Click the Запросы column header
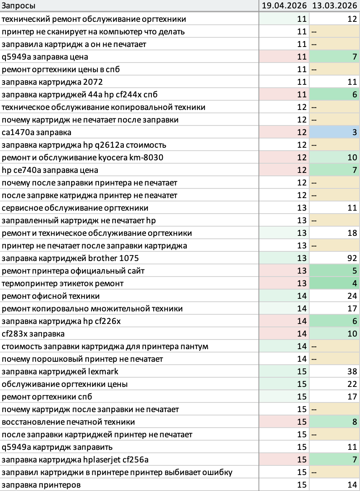(18, 5)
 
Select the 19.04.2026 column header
(284, 5)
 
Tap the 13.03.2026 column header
(335, 5)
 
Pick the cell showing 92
(352, 258)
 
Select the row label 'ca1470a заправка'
(37, 133)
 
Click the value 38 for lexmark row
(352, 371)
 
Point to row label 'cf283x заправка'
(33, 334)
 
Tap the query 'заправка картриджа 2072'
(52, 82)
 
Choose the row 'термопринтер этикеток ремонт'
(63, 283)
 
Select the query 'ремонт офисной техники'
(51, 296)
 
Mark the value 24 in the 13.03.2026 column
(352, 295)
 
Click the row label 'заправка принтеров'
(41, 485)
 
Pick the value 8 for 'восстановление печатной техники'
(355, 422)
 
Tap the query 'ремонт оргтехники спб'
(47, 397)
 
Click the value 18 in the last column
(352, 232)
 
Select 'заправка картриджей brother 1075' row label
(70, 259)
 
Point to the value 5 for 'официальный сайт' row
(355, 271)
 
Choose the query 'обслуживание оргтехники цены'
(65, 384)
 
